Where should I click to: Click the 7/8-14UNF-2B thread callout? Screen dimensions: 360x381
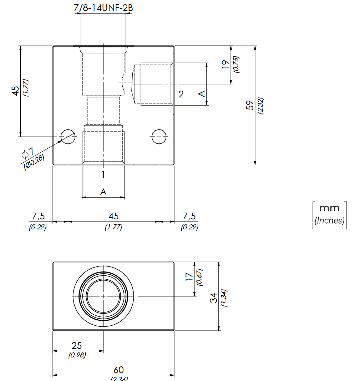(x=103, y=8)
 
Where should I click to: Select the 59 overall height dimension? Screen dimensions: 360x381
(x=250, y=105)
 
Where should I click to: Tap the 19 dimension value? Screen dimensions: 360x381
(x=225, y=64)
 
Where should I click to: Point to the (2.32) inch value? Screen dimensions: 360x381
(x=260, y=106)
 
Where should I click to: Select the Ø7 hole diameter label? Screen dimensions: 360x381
(x=28, y=153)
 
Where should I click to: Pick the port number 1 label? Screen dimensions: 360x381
(x=103, y=175)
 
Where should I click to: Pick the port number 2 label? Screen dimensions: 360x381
(x=181, y=94)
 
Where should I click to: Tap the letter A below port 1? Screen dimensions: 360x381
(x=103, y=192)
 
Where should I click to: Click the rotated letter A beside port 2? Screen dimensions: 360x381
(x=202, y=93)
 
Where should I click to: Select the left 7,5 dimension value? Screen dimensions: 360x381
(x=39, y=216)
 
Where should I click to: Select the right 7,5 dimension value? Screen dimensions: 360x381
(x=189, y=216)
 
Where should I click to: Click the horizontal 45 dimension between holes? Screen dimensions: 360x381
(x=113, y=216)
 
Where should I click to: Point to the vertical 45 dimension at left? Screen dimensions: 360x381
(x=15, y=91)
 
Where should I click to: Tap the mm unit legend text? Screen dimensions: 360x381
(x=329, y=208)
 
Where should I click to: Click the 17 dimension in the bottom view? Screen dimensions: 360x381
(x=189, y=277)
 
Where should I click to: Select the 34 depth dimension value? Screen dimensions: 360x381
(x=213, y=298)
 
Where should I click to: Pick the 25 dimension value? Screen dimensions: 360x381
(x=77, y=346)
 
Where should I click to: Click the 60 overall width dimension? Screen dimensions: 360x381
(x=118, y=370)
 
